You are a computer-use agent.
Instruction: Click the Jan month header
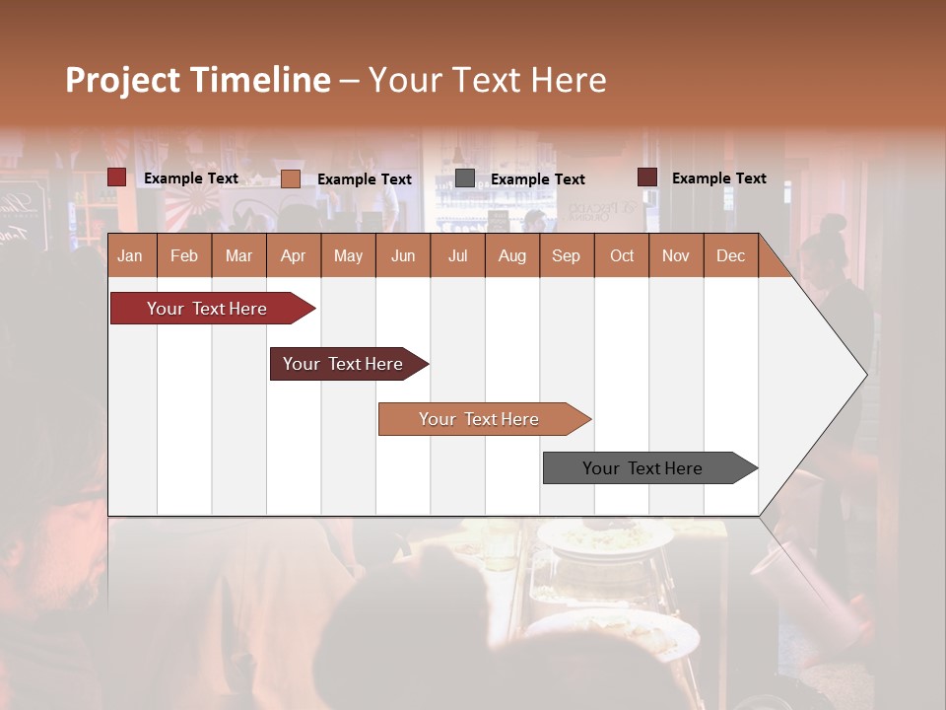click(x=130, y=255)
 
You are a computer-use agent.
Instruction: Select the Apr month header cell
click(x=293, y=255)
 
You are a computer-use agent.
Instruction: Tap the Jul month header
click(x=457, y=255)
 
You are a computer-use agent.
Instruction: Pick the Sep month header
click(x=566, y=255)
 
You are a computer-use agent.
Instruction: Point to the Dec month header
click(x=730, y=255)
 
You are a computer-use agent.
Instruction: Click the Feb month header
click(x=184, y=255)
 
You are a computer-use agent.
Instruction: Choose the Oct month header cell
click(x=622, y=255)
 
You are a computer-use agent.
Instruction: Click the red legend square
click(x=117, y=177)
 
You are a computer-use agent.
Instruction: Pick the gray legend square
click(x=465, y=178)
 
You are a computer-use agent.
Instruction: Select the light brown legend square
click(x=291, y=178)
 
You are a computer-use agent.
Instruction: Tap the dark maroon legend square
click(x=647, y=177)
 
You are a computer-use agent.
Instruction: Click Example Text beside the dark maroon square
click(x=718, y=177)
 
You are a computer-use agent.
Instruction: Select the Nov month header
click(x=676, y=255)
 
